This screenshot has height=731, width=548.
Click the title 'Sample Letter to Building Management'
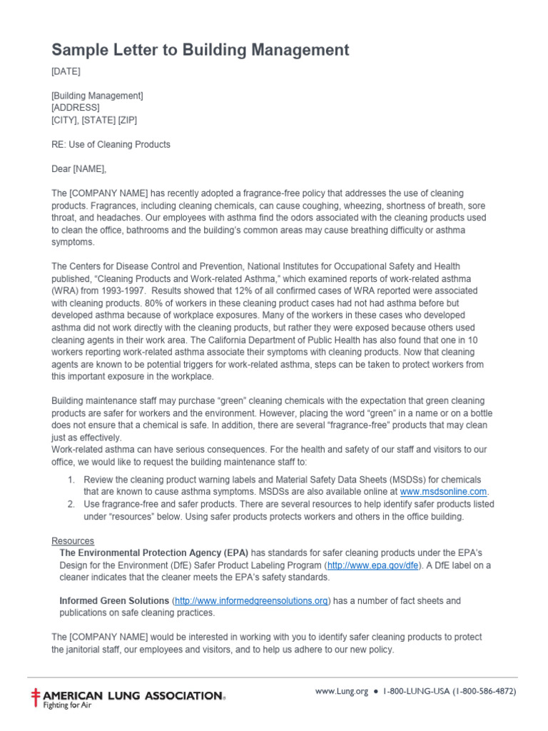pos(200,50)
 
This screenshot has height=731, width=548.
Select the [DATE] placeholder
pos(66,71)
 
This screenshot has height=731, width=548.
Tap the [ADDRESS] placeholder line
pos(76,108)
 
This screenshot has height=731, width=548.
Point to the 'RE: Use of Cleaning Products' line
pos(111,144)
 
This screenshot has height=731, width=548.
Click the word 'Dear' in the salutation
pos(62,169)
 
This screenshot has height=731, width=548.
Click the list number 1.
pos(71,480)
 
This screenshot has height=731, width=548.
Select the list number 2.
pos(71,504)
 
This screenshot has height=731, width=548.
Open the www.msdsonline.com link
pos(443,492)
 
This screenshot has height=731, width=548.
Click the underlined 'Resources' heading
pos(73,541)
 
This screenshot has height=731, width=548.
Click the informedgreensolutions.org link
pos(252,601)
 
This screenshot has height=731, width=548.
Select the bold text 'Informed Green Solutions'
pos(114,601)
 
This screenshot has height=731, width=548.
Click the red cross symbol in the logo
pos(36,697)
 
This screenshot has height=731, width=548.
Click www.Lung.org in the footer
pos(341,691)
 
